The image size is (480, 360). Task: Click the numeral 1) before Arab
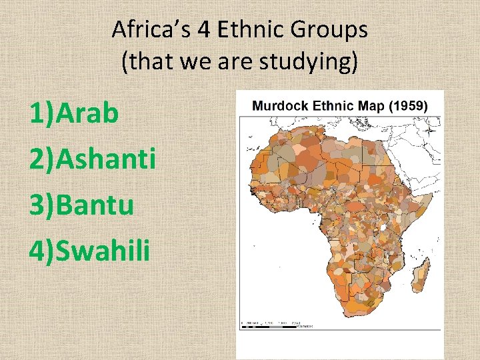click(41, 113)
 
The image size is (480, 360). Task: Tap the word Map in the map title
click(369, 105)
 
